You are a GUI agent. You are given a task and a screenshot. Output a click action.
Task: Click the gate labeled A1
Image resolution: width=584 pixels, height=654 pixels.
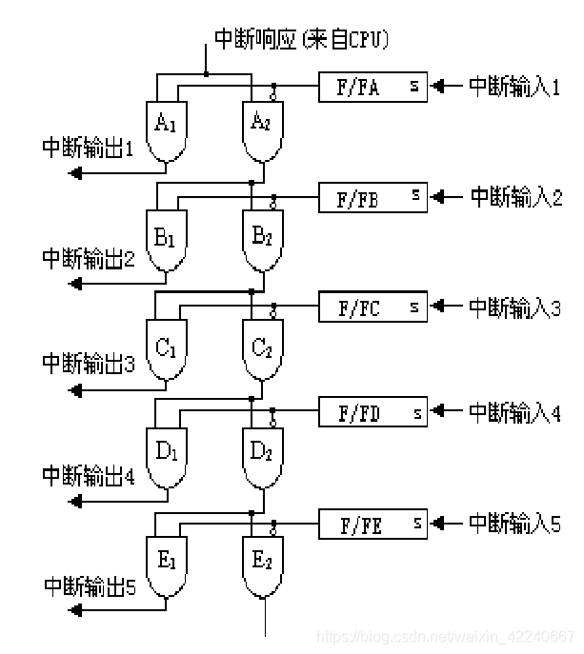coord(167,131)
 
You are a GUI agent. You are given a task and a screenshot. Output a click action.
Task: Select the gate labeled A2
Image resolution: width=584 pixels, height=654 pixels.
coord(263,131)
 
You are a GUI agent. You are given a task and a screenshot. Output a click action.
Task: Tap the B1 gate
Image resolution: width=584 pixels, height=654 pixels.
coord(167,241)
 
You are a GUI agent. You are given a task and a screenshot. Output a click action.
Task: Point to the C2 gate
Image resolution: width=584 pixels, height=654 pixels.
coord(263,349)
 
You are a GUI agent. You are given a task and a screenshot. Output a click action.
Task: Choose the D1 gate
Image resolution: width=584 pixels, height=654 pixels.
coord(167,458)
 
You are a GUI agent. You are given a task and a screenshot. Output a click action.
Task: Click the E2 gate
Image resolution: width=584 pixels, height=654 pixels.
coord(263,566)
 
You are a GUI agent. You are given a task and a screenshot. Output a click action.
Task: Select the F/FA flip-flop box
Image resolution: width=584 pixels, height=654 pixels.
coord(373,87)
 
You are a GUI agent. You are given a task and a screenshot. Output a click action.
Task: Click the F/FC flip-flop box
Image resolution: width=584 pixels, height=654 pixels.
coord(373,307)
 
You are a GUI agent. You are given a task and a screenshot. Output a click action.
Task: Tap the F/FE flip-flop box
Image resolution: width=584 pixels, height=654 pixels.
coord(373,524)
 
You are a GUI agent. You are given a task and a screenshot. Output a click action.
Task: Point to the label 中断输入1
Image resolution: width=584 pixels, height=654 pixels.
coord(514,87)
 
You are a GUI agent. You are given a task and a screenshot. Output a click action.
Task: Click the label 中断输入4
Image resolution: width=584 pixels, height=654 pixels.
coord(514,412)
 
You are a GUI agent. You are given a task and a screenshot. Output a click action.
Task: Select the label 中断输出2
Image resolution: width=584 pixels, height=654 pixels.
coord(89,258)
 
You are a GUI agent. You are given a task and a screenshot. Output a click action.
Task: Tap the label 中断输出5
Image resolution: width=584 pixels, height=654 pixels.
coord(91,586)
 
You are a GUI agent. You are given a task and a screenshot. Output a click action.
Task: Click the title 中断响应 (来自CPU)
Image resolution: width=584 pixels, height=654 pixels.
coord(301,40)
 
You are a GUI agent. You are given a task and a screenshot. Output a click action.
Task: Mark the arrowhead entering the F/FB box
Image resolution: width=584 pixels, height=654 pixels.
coord(436,196)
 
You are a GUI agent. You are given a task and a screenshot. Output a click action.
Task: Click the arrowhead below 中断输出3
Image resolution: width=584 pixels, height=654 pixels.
coord(75,391)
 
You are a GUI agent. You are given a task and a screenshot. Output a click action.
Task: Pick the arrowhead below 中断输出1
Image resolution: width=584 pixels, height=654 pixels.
coord(75,172)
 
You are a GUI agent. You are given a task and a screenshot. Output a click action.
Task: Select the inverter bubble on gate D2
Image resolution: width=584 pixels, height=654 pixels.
coord(273,424)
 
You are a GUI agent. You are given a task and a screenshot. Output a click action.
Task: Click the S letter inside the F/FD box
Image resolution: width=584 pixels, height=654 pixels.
coord(417,413)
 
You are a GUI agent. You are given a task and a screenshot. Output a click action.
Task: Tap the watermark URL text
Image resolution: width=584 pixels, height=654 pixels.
coord(446,637)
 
